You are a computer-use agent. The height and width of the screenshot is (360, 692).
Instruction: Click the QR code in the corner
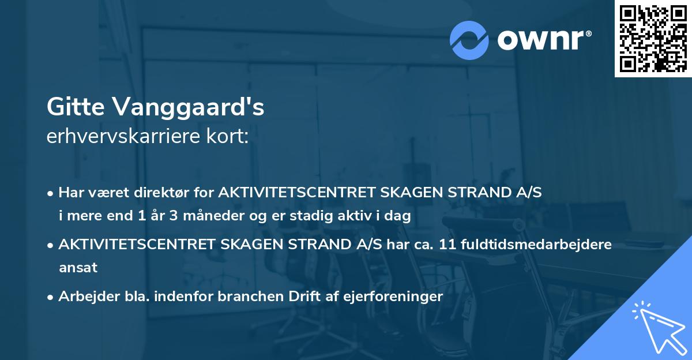pos(653,39)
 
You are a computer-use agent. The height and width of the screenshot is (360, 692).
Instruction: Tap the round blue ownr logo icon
pos(469,39)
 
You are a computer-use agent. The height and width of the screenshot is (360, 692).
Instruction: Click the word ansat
pos(78,268)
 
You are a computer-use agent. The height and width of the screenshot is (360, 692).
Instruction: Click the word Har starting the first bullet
pos(71,193)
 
